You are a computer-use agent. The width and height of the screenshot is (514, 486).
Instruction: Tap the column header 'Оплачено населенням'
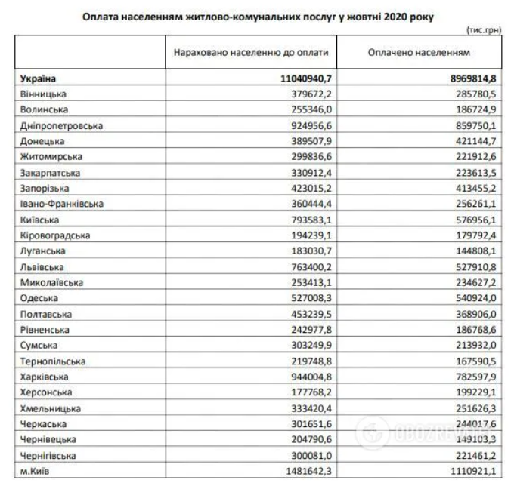[419, 54]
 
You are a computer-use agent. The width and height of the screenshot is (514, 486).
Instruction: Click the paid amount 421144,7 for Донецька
[473, 140]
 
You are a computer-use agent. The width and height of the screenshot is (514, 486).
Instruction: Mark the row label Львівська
[44, 266]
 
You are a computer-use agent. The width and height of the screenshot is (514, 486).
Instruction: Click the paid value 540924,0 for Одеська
[473, 297]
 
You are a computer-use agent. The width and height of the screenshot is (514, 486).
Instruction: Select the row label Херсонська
[48, 392]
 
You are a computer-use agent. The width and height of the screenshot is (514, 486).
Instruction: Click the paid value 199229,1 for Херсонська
[473, 392]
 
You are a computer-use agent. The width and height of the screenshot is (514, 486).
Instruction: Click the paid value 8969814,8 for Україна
[469, 78]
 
